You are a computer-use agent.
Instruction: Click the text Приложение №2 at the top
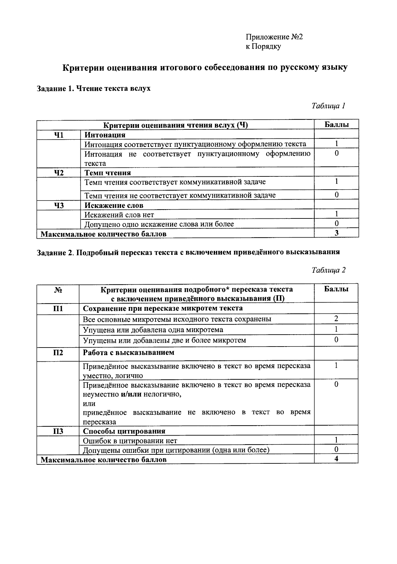274,37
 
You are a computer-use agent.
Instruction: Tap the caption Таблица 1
328,106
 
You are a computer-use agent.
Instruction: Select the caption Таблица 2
328,270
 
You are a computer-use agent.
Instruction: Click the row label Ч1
59,135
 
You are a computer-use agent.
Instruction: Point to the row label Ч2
59,172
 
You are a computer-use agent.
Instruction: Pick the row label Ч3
59,205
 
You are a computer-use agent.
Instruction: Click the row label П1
58,308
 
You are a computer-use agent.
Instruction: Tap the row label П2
58,352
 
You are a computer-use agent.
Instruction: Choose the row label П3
58,431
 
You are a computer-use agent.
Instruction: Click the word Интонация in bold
105,135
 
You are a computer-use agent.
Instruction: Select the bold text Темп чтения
108,172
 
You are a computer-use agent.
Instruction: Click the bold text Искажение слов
114,205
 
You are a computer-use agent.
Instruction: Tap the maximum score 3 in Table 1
336,233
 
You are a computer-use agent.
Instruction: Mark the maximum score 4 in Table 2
336,459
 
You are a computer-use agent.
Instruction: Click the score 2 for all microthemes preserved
336,319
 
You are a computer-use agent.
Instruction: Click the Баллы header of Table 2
336,289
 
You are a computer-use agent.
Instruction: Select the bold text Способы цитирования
124,431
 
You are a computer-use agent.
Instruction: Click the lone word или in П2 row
89,403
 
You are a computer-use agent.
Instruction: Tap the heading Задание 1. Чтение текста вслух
94,88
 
